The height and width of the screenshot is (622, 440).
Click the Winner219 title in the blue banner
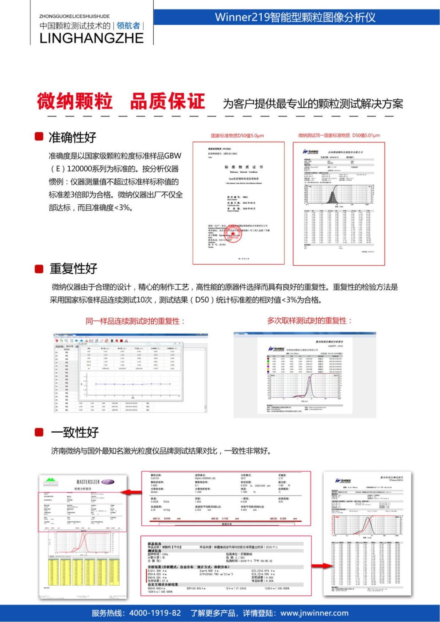(x=295, y=17)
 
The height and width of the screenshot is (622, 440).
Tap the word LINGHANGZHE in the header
(x=91, y=38)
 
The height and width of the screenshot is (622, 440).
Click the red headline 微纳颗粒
(x=74, y=101)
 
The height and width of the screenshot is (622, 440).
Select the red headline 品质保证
(x=167, y=101)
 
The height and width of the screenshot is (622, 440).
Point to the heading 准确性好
(x=72, y=137)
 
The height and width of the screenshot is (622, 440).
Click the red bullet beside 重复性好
(x=39, y=269)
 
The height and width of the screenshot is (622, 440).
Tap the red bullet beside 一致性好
(x=39, y=432)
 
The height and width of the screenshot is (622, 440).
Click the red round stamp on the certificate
(x=233, y=236)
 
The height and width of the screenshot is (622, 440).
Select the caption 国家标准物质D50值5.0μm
(x=237, y=136)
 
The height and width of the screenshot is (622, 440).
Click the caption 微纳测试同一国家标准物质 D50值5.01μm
(x=339, y=135)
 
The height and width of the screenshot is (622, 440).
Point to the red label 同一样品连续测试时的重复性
(x=135, y=321)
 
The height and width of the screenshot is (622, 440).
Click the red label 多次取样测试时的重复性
(x=309, y=321)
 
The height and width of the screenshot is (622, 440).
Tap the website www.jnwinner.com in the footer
(x=314, y=613)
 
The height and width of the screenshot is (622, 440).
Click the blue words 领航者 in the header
(x=128, y=26)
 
